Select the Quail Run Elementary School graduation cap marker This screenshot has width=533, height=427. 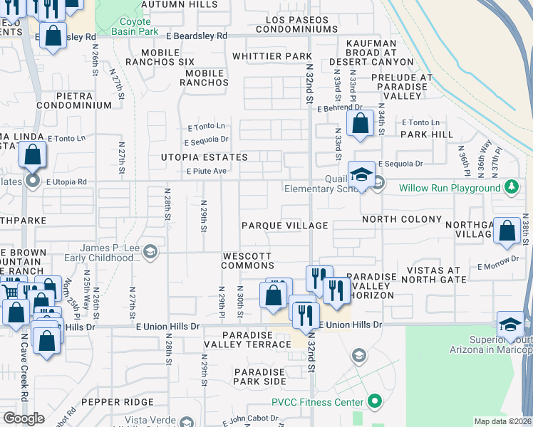click(361, 174)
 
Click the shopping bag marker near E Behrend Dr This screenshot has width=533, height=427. click(361, 122)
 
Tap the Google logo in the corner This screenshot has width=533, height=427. click(24, 418)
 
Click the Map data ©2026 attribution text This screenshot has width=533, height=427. click(502, 421)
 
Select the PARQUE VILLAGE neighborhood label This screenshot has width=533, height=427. click(284, 226)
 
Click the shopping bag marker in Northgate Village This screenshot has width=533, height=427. click(506, 231)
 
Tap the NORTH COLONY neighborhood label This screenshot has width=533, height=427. click(402, 219)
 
